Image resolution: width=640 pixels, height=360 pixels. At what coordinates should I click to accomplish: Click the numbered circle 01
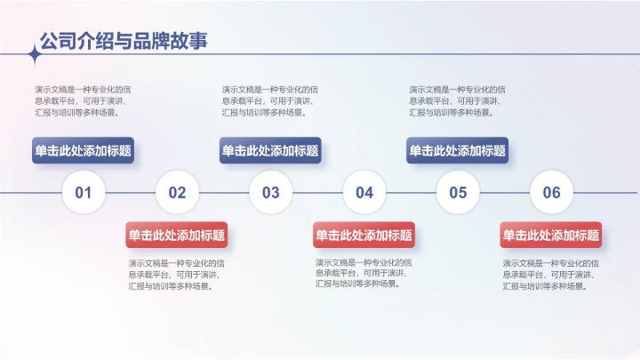point(84,192)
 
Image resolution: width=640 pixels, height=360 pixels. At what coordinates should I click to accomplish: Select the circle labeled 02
point(177,192)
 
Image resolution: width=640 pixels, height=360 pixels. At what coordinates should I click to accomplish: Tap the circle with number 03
point(270,192)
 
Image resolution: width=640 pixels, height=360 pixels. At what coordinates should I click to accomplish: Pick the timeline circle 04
point(364,192)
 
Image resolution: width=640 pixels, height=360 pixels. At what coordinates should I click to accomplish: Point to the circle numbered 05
point(458,192)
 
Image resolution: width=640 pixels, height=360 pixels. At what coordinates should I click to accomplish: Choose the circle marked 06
point(552,192)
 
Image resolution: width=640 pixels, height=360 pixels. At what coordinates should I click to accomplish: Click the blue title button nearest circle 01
point(83,151)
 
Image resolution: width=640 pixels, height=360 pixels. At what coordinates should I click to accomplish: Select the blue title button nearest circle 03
point(270,151)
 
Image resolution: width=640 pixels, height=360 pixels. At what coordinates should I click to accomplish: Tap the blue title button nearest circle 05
point(458,151)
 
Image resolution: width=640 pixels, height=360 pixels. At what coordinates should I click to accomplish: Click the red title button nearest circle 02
point(177,236)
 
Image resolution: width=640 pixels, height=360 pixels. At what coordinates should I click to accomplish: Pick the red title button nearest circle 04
point(364,236)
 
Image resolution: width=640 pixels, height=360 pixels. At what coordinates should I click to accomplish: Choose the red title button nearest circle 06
point(551,236)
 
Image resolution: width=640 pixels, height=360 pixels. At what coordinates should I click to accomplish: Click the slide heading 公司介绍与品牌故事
point(124,41)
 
